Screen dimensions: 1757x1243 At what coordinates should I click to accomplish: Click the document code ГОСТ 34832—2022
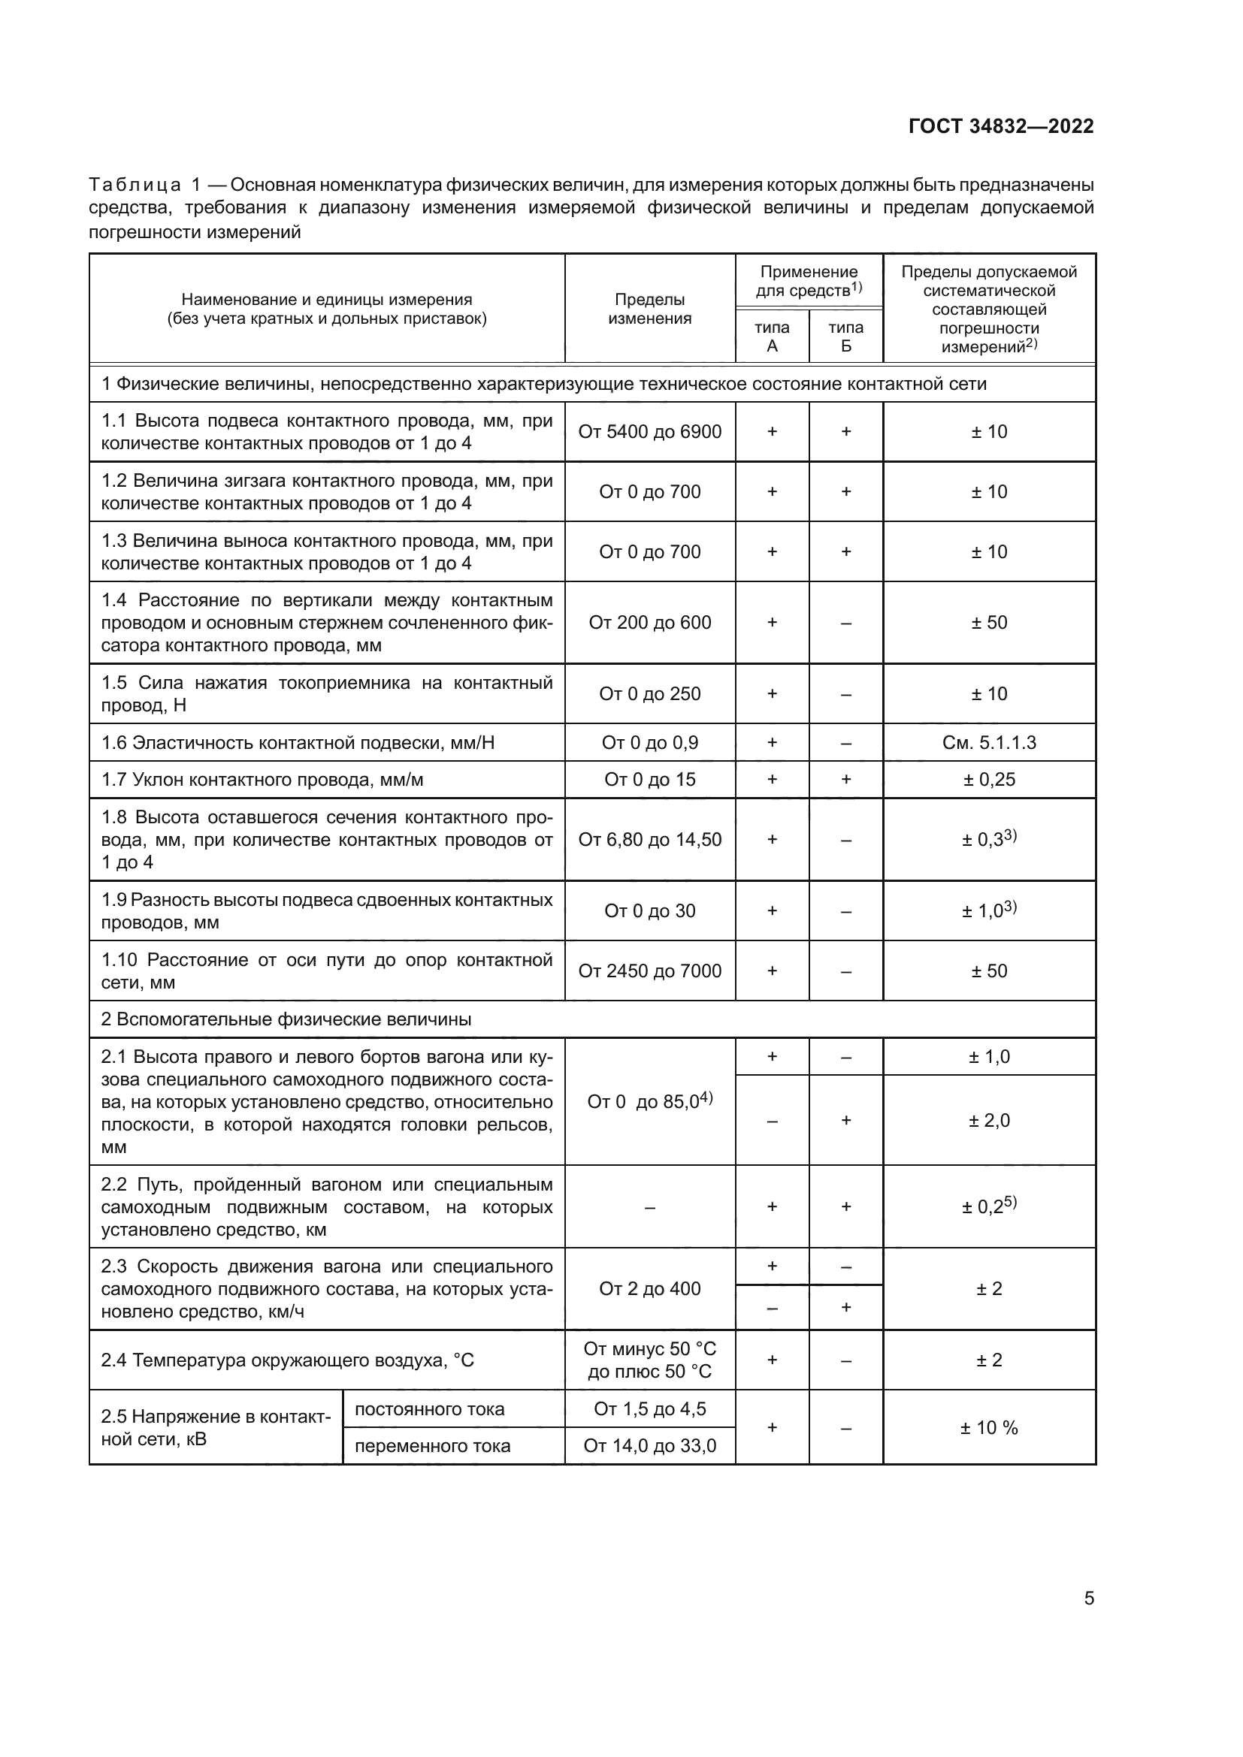tap(1000, 126)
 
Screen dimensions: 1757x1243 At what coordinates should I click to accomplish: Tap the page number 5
tap(1088, 1599)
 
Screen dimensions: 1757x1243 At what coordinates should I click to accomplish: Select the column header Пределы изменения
tap(649, 309)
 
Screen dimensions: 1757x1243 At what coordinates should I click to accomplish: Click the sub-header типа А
tap(772, 337)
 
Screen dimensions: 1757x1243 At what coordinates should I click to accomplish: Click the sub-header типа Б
tap(845, 337)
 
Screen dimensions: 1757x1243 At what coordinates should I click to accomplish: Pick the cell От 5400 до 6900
tap(649, 432)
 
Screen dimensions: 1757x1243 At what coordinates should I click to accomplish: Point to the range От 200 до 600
tap(649, 622)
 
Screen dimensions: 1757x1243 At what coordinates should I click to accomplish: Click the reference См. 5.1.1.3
tap(989, 742)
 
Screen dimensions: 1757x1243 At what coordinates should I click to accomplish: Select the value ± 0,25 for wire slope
tap(989, 780)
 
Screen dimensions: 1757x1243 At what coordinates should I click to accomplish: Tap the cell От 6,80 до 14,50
tap(649, 840)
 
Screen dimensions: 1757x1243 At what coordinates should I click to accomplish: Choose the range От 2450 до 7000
tap(649, 971)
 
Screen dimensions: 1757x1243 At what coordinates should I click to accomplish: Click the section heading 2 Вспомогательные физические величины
tap(286, 1019)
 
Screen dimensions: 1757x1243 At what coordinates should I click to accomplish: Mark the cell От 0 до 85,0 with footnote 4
tap(649, 1101)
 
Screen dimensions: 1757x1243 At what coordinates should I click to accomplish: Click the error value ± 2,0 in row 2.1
tap(989, 1120)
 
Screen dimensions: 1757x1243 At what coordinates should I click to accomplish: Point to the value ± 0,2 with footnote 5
tap(989, 1207)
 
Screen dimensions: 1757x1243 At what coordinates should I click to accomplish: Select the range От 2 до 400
tap(649, 1289)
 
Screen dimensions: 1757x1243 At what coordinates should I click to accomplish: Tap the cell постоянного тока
tap(429, 1408)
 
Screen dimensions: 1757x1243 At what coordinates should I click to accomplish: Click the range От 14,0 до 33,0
tap(649, 1445)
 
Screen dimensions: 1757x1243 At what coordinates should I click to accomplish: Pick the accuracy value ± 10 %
tap(989, 1427)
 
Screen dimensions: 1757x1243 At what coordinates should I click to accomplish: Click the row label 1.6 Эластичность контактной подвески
tap(298, 742)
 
